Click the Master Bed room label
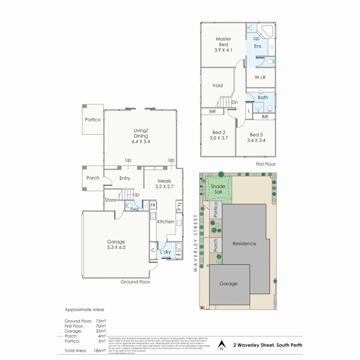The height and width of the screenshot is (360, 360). point(223,42)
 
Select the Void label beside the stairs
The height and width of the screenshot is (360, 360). point(217,85)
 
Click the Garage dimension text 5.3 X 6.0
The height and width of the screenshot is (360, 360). point(116,247)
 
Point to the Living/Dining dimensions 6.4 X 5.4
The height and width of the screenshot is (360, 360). point(140,141)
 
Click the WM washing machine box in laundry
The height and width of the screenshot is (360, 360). point(178,255)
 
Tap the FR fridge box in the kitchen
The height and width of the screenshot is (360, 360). point(153,205)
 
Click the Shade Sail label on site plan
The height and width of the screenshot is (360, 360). point(218,189)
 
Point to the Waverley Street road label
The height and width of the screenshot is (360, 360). point(196,243)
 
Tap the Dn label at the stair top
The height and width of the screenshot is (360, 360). point(235,102)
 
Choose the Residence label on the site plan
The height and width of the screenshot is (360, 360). point(244,243)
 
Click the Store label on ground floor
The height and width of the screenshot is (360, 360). point(110,200)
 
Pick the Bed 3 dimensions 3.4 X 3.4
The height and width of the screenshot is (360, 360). point(256,140)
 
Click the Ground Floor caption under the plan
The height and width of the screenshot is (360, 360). point(135,282)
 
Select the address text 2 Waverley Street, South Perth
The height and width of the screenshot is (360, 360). point(268,345)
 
